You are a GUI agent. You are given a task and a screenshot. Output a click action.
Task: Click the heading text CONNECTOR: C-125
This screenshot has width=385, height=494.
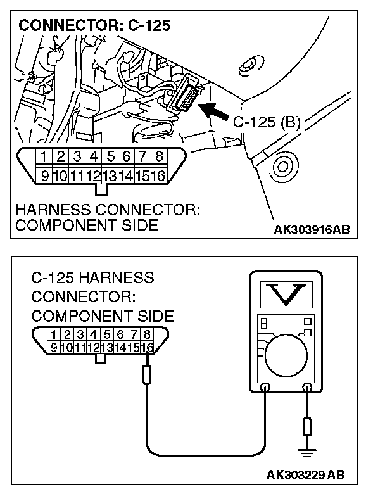(95, 27)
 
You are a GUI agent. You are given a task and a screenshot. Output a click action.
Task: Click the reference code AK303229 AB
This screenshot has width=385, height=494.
(306, 474)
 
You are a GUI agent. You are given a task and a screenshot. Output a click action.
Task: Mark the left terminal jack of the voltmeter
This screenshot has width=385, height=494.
(266, 386)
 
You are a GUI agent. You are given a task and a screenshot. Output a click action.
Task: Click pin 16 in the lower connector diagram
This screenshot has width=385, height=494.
(148, 346)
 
